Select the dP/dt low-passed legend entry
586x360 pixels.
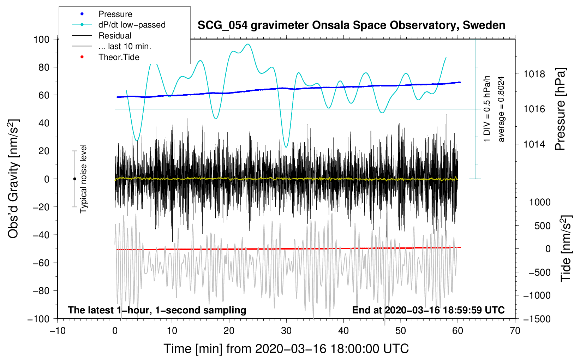[x=132, y=25]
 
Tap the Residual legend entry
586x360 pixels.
[x=115, y=36]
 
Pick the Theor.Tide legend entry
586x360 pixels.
[x=119, y=57]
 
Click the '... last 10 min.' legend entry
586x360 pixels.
[x=125, y=46]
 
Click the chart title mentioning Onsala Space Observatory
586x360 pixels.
[x=351, y=25]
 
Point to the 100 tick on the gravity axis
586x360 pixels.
[x=41, y=39]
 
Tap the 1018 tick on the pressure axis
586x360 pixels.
[x=534, y=74]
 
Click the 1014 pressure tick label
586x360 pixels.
[x=534, y=144]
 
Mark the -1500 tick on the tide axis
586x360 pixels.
[x=537, y=319]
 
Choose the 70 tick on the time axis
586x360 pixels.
[x=515, y=331]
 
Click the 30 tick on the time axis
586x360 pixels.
[x=286, y=331]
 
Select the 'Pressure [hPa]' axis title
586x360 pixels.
[x=560, y=109]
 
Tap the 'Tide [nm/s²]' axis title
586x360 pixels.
[x=566, y=248]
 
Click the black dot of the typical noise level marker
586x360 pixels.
[x=74, y=179]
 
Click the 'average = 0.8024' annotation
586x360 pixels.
[x=501, y=109]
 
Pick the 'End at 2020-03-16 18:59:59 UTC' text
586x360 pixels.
[x=428, y=310]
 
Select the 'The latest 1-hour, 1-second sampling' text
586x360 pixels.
[x=157, y=310]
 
